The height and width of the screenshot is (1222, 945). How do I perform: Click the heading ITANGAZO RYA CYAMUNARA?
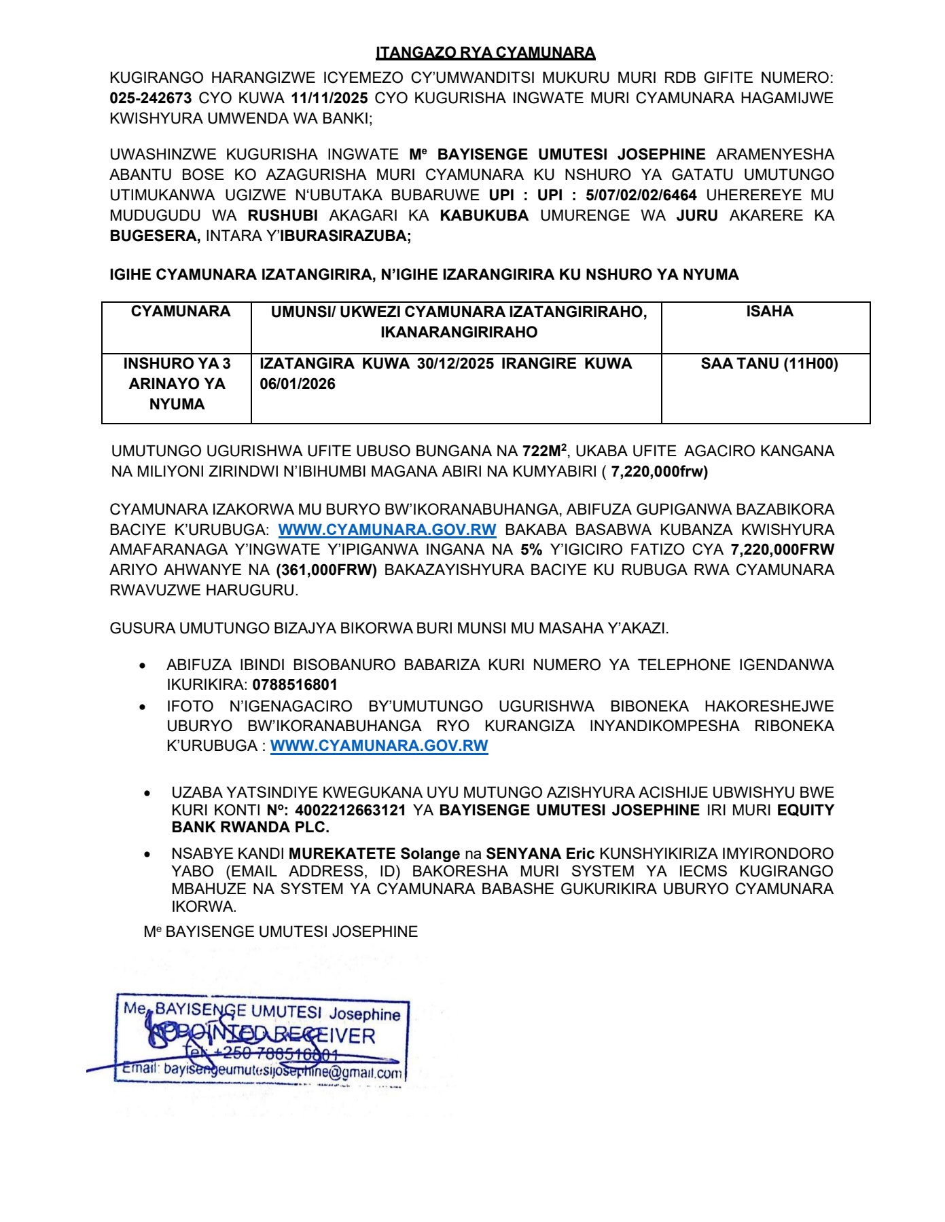[485, 52]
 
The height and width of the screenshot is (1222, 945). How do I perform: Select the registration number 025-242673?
[150, 98]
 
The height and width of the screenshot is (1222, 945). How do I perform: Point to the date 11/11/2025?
[329, 98]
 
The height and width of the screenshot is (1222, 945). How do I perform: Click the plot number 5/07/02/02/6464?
[641, 196]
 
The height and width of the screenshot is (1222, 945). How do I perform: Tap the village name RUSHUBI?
[283, 216]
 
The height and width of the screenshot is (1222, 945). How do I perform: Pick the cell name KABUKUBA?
[484, 216]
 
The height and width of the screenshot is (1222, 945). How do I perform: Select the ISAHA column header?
[769, 312]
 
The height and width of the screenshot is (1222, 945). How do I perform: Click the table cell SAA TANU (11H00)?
[769, 364]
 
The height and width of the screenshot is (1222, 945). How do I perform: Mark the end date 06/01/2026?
[298, 384]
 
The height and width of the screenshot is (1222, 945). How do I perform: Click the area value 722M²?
[544, 451]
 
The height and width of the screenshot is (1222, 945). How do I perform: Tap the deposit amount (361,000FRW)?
[327, 570]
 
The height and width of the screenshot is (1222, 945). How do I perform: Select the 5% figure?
[531, 550]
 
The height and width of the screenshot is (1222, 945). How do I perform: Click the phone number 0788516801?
[295, 685]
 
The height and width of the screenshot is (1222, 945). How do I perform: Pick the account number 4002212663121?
[350, 810]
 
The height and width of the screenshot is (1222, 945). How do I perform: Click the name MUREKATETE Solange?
[374, 854]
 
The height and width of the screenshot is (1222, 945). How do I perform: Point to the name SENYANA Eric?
[540, 854]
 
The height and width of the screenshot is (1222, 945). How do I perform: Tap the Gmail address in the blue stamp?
[283, 1071]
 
